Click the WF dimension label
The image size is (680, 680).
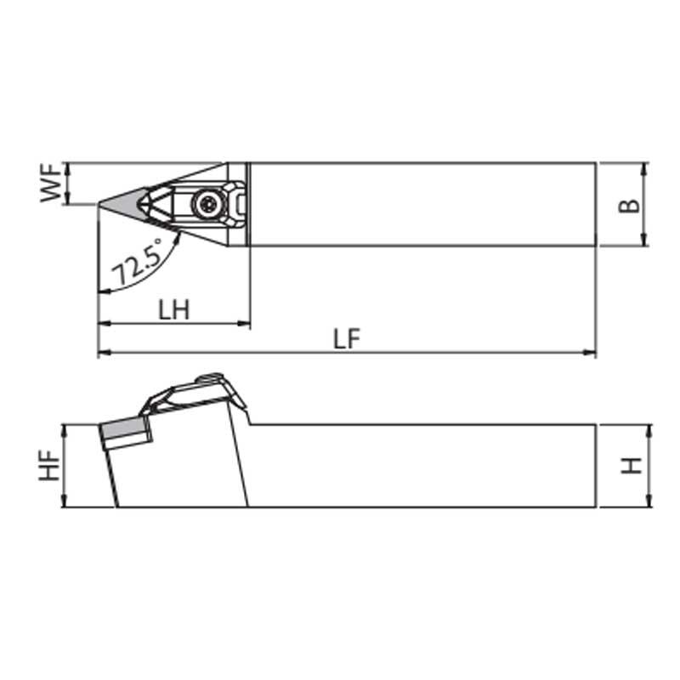[x=51, y=183]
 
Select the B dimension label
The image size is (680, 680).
[x=628, y=206]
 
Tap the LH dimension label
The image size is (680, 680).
[x=174, y=309]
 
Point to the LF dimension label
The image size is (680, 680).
[x=347, y=338]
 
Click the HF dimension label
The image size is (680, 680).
[x=49, y=465]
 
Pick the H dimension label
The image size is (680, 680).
[x=631, y=466]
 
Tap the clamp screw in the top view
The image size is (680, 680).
[x=208, y=202]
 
